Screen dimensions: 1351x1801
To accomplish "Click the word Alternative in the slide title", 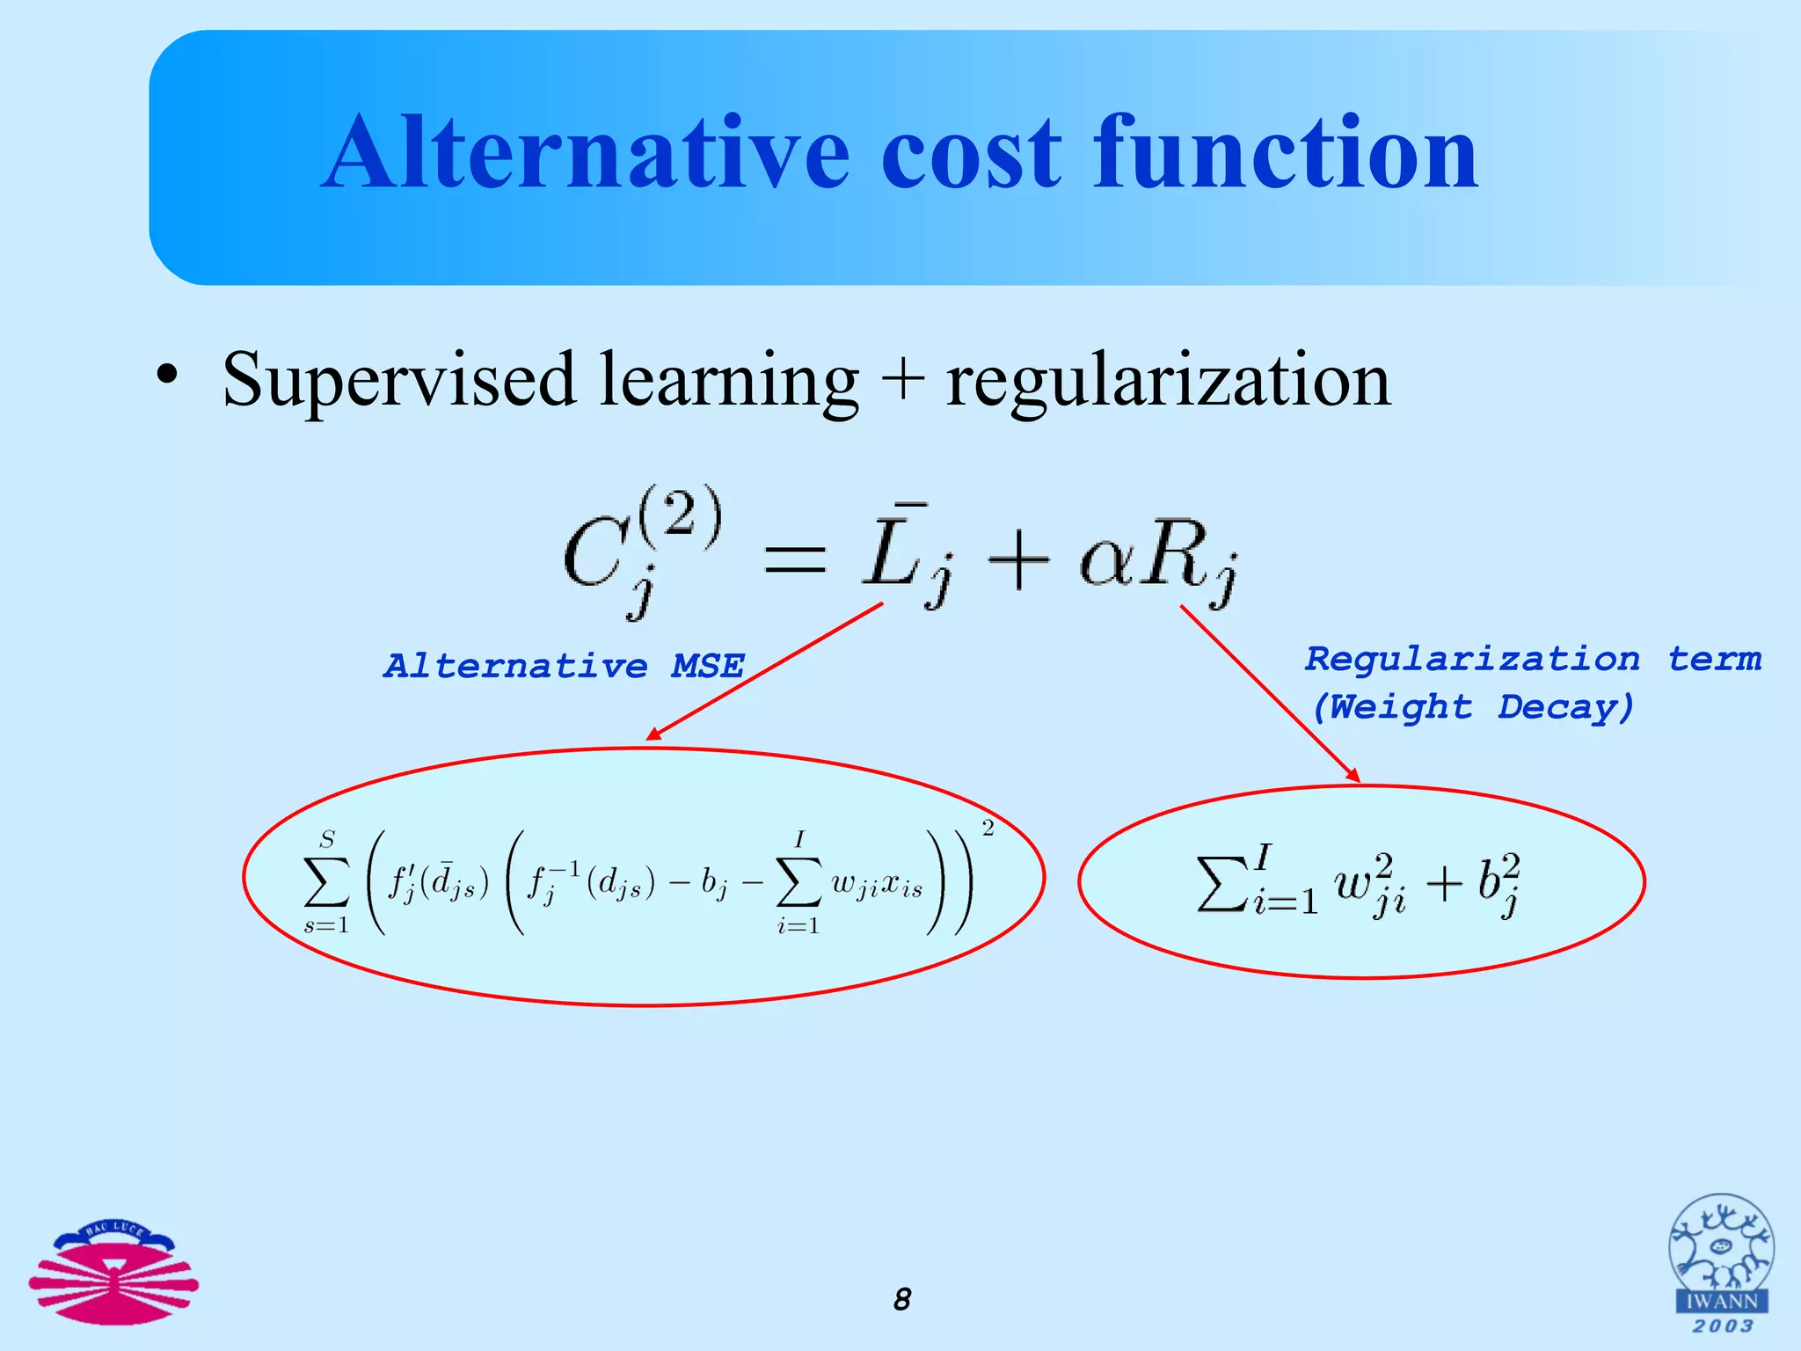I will [586, 153].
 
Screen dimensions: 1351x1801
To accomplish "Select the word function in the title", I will [1285, 153].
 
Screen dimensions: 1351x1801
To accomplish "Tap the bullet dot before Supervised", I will [166, 376].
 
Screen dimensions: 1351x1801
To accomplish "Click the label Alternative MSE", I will [564, 666].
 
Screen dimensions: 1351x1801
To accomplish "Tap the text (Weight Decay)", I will [1473, 706].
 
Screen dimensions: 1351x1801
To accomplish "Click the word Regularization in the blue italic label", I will [1472, 659].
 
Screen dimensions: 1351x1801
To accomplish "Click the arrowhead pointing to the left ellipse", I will [653, 734].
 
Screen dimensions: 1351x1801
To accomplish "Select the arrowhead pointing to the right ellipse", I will [1353, 775].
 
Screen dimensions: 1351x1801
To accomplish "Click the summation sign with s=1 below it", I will [326, 881].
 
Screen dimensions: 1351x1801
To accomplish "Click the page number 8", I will [902, 1299].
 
